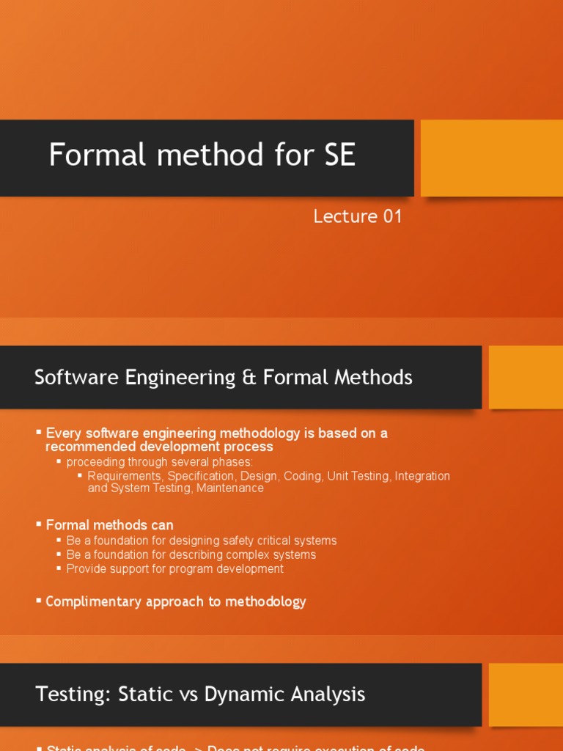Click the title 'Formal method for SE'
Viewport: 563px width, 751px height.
point(202,155)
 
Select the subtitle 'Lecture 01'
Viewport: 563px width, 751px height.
point(358,216)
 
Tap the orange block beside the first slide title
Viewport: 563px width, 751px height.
point(491,158)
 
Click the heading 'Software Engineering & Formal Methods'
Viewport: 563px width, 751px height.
point(224,378)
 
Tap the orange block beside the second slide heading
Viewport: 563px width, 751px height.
point(526,378)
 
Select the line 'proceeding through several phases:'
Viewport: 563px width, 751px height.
point(159,462)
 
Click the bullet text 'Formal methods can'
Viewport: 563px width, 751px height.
point(110,525)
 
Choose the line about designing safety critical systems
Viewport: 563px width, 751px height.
point(202,541)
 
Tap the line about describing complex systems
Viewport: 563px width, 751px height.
point(191,554)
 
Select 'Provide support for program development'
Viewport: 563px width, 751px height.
point(174,568)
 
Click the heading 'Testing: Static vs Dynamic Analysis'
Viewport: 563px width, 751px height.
point(200,694)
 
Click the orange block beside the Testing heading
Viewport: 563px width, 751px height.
point(526,695)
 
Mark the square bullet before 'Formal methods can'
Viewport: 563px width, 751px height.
point(39,524)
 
